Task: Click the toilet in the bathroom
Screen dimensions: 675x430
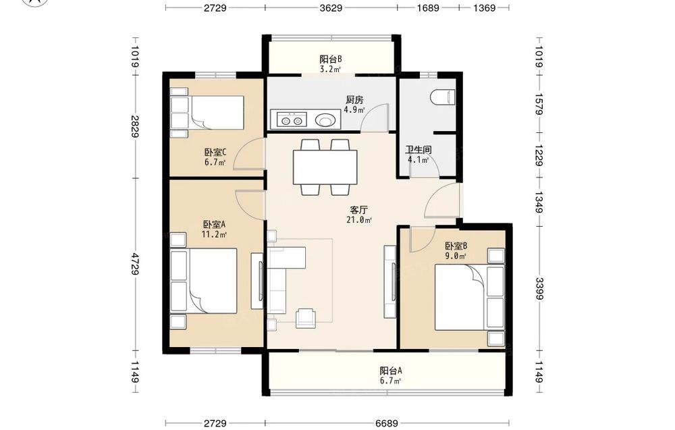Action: (443, 97)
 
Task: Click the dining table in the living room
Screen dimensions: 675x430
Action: (325, 167)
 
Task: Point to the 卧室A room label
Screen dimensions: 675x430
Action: (215, 224)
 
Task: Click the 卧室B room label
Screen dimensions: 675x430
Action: (456, 246)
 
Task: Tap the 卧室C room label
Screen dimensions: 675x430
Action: (215, 153)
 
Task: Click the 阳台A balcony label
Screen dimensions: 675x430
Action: (391, 371)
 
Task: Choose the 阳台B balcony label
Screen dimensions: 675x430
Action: (331, 59)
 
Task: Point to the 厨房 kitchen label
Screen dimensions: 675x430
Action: (354, 100)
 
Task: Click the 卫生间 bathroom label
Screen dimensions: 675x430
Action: (418, 150)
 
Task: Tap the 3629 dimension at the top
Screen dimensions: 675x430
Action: (331, 7)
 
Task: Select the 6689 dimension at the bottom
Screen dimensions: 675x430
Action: (387, 423)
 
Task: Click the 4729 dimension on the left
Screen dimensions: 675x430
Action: (135, 264)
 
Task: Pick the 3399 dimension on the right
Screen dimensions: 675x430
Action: (539, 288)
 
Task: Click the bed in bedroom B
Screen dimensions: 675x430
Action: (469, 298)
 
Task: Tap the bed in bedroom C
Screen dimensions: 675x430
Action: (207, 113)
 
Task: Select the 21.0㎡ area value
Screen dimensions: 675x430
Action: (359, 220)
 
